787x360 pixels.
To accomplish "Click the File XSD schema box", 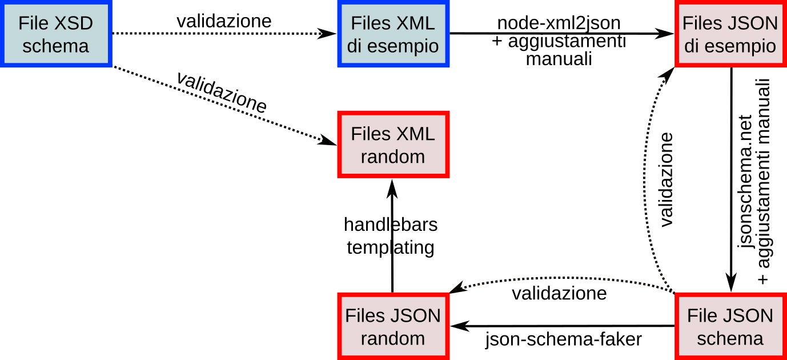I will [55, 34].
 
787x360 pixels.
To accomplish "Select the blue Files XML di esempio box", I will [393, 34].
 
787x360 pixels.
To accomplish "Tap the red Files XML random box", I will [393, 144].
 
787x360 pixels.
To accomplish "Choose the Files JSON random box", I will [393, 326].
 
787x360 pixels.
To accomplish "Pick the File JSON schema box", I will [730, 326].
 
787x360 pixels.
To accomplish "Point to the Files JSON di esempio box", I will [730, 34].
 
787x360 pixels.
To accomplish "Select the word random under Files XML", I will [393, 157].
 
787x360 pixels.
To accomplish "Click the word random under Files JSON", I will [393, 338].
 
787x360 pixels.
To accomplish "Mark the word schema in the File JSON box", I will [730, 338].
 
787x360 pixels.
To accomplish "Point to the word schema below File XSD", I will [55, 46].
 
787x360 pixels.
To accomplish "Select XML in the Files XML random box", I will [415, 134].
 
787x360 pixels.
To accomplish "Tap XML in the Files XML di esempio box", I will [415, 23].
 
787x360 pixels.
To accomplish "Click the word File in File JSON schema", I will [702, 315].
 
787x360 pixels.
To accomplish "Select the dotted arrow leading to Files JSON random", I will [560, 278].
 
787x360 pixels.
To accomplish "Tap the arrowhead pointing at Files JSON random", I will [459, 289].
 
